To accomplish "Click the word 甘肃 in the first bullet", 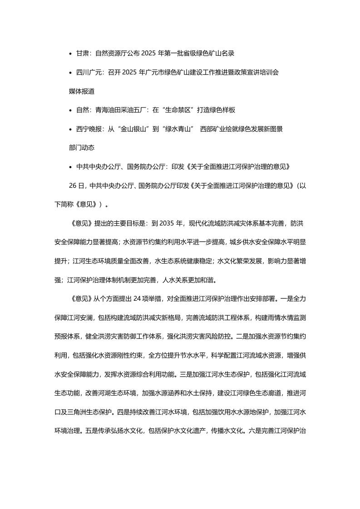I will pos(82,53).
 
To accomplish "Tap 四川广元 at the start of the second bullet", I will pos(89,72).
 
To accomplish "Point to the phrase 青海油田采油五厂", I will pos(116,110).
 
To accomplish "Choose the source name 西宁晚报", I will pos(88,129).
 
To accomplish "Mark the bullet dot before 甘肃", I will pos(70,54).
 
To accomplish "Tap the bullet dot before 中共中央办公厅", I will pos(70,167).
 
